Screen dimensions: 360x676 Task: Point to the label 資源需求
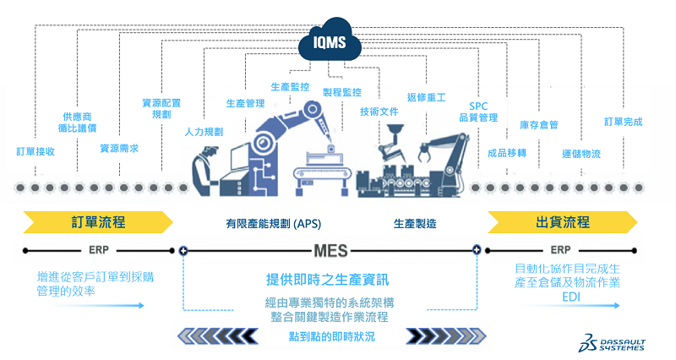(119, 148)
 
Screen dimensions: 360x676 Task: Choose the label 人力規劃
(204, 132)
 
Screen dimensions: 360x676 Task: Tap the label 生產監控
(290, 87)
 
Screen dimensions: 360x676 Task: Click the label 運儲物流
(581, 154)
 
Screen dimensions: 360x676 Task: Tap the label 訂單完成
(624, 122)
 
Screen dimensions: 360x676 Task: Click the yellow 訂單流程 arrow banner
(98, 222)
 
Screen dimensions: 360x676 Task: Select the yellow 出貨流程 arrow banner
(561, 222)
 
